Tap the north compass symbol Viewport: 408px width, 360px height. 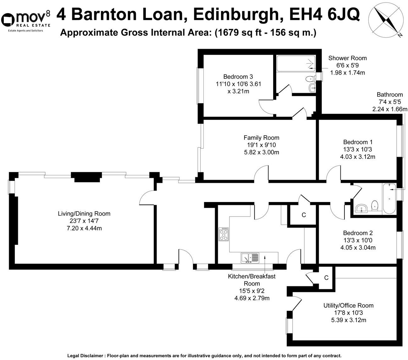coord(386,19)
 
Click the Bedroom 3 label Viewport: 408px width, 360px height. coord(238,76)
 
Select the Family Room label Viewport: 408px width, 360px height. coord(261,138)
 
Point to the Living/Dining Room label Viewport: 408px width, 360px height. coord(84,214)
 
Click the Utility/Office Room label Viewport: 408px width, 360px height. coord(348,305)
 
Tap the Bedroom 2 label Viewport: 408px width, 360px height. coord(358,233)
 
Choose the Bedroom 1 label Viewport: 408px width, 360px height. coord(358,142)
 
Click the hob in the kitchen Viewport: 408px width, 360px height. coord(224,234)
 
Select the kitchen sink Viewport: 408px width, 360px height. coord(250,258)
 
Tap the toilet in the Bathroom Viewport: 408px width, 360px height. coord(374,206)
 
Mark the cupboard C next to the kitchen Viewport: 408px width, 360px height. coord(304,215)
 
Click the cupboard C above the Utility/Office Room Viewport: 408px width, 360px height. coord(326,278)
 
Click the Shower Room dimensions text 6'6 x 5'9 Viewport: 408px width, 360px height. coord(347,65)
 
